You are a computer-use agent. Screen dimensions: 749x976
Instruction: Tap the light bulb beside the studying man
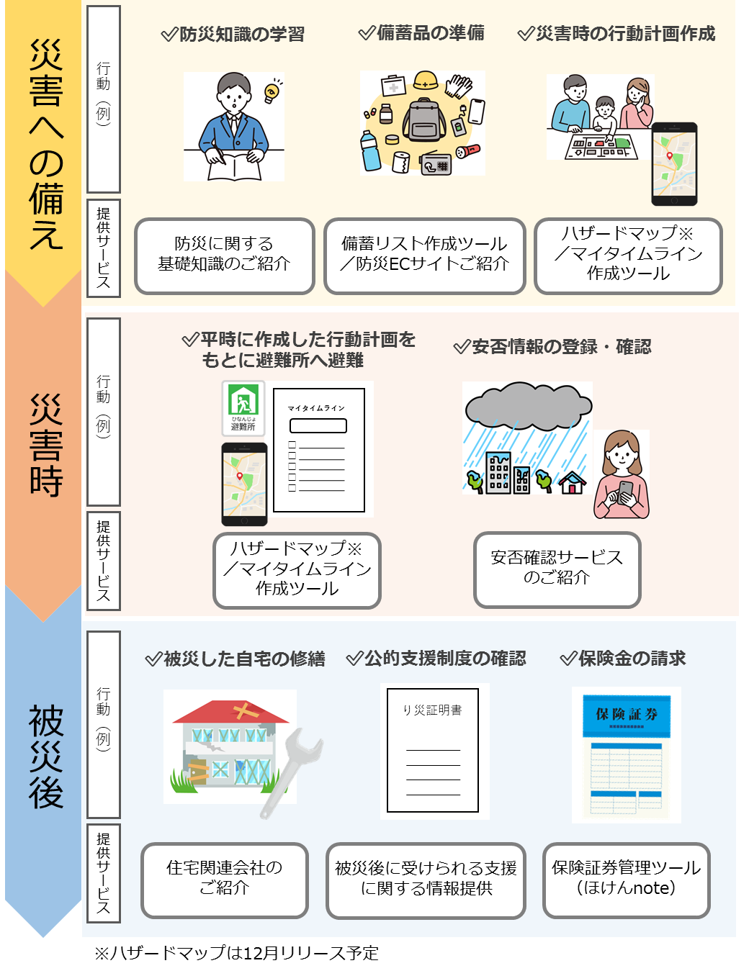(x=272, y=91)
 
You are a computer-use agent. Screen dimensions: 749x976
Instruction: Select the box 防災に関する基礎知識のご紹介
(x=224, y=255)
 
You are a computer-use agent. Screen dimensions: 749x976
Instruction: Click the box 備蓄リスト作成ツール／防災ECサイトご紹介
(x=424, y=255)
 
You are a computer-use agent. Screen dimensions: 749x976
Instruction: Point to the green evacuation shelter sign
(x=243, y=407)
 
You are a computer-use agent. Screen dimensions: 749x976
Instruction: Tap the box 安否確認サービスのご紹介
(x=557, y=568)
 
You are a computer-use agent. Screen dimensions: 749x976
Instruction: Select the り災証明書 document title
(x=432, y=710)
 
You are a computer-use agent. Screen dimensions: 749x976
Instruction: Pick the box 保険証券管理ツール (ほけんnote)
(x=626, y=879)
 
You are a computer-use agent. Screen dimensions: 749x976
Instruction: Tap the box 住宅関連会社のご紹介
(x=224, y=879)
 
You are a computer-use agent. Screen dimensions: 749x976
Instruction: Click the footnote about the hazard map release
(x=236, y=953)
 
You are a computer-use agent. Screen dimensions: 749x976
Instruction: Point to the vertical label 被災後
(x=45, y=756)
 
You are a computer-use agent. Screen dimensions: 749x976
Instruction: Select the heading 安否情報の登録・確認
(x=553, y=347)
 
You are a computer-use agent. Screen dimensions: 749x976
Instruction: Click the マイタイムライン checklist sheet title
(x=317, y=408)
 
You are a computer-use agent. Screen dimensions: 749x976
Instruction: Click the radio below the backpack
(x=436, y=163)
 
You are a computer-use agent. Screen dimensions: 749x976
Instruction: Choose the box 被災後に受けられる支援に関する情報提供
(x=426, y=879)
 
